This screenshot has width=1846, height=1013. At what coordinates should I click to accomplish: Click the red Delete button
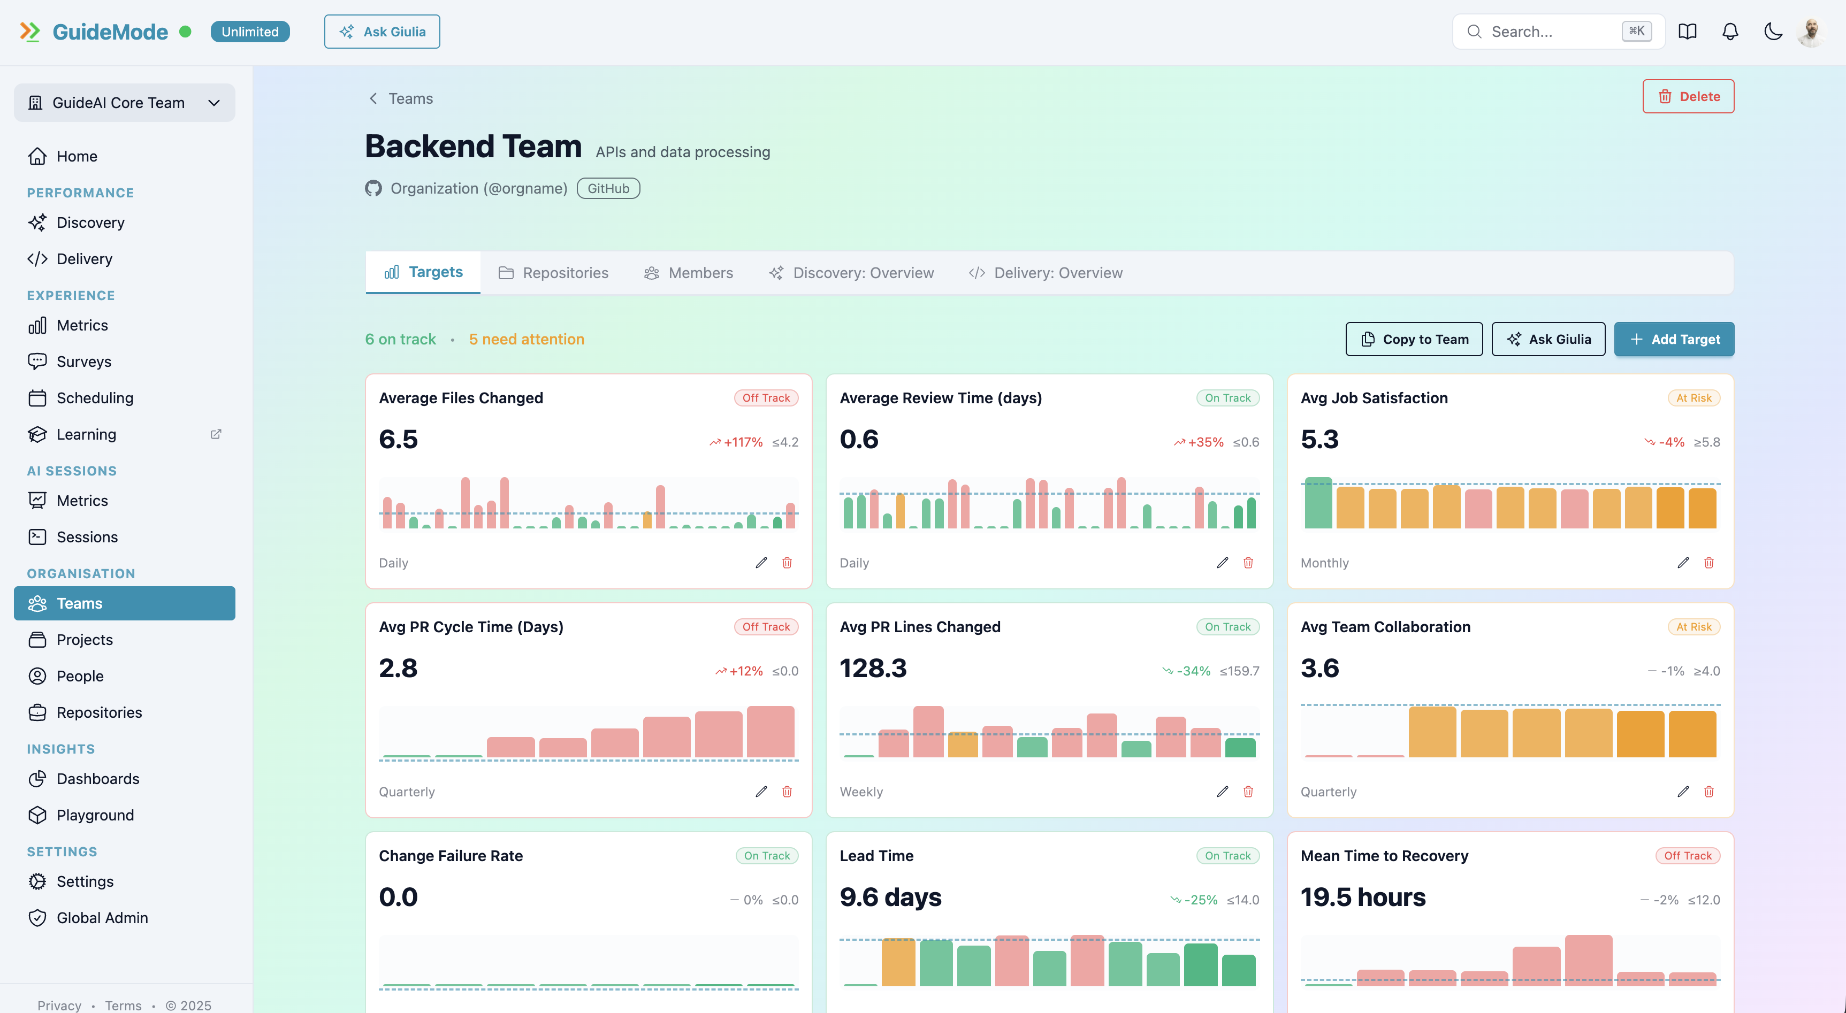click(x=1688, y=96)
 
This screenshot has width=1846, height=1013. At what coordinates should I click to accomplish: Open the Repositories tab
click(x=553, y=273)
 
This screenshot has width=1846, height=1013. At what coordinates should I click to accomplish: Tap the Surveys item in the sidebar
click(x=84, y=361)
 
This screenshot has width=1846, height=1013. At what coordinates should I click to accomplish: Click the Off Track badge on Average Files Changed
click(x=765, y=397)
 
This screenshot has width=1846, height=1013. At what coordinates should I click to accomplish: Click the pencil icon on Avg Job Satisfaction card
click(x=1683, y=562)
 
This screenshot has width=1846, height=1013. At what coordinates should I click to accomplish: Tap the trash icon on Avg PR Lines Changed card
click(x=1248, y=791)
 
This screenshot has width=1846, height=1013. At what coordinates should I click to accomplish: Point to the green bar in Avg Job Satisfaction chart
click(x=1318, y=504)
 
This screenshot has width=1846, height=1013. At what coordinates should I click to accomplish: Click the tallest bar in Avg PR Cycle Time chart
click(x=771, y=732)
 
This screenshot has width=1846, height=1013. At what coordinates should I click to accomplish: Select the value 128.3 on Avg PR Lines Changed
click(x=873, y=667)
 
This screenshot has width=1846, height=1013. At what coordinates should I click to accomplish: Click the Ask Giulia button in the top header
click(x=382, y=32)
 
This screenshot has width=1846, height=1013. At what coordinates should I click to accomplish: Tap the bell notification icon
click(x=1730, y=32)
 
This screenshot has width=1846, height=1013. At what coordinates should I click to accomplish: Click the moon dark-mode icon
click(x=1773, y=32)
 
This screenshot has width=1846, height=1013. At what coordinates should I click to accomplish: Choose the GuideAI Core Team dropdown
click(x=124, y=103)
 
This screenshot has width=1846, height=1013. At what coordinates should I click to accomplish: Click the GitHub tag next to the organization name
click(x=608, y=188)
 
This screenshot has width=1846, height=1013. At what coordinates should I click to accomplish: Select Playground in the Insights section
click(x=95, y=815)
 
